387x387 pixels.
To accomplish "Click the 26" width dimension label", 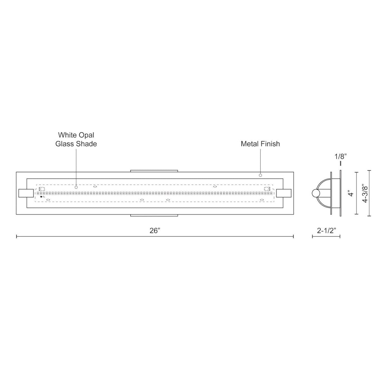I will point(155,231).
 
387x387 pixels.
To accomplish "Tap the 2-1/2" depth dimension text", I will point(326,231).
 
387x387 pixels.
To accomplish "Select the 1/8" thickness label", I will point(340,157).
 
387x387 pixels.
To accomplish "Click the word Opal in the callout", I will point(85,135).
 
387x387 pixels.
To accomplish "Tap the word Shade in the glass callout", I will point(86,144).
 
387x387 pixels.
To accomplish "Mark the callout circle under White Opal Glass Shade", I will point(76,187).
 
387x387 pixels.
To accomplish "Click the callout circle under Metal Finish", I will point(260,175).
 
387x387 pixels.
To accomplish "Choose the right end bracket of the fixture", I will point(284,193).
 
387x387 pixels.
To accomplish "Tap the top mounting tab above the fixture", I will point(154,171).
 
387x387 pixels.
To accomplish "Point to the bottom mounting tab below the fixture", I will point(154,215).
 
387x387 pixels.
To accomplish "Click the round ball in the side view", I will point(316,193).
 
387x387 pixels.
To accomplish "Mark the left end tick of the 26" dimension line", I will point(16,237).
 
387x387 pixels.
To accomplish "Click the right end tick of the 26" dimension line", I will point(293,237).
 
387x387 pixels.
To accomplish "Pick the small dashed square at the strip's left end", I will point(42,189).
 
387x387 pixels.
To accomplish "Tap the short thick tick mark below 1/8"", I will point(340,163).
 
